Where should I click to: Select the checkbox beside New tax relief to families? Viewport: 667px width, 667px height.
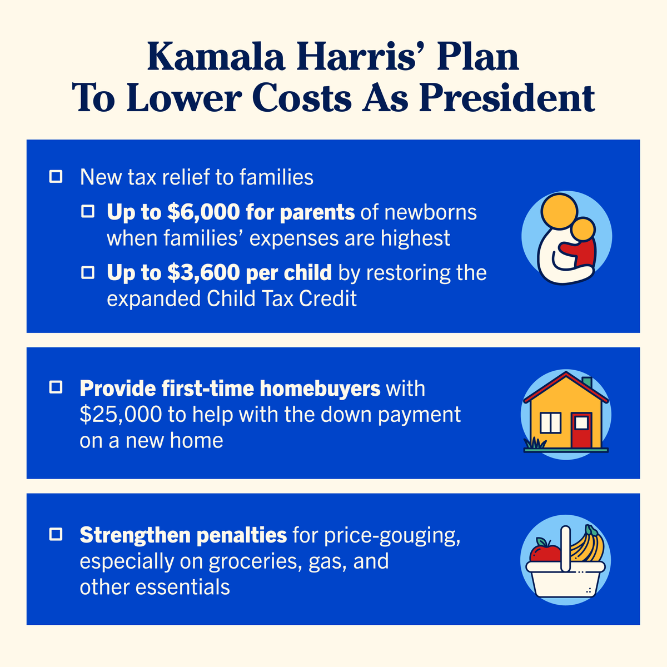click(x=56, y=177)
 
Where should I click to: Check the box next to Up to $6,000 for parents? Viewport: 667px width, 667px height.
click(x=88, y=212)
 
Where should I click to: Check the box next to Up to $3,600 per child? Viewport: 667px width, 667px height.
click(x=88, y=272)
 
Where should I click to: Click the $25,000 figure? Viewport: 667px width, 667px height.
click(x=121, y=415)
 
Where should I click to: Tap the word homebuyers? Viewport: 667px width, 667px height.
click(x=320, y=389)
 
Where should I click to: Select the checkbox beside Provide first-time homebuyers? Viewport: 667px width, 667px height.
click(x=56, y=387)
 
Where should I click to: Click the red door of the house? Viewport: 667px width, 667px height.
click(x=581, y=429)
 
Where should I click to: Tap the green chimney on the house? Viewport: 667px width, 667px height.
click(x=587, y=384)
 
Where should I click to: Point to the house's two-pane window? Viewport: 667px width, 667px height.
click(x=551, y=423)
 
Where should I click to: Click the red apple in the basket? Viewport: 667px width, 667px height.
click(x=545, y=552)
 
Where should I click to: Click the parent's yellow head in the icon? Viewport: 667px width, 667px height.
click(x=558, y=213)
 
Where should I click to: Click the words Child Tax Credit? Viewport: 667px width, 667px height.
click(x=282, y=299)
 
